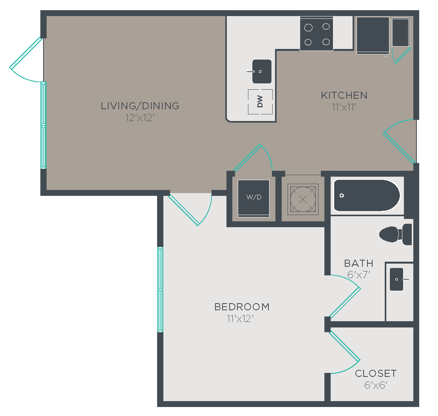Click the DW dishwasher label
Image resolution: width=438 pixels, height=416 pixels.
click(260, 101)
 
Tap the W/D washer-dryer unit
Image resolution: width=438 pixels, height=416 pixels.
click(253, 198)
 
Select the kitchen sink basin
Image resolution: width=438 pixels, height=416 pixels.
click(262, 72)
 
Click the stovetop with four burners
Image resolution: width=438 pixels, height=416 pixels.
click(317, 34)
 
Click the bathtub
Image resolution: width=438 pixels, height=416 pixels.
click(367, 195)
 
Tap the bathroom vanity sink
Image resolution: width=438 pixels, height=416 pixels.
click(396, 279)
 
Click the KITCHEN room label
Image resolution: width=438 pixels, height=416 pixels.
click(344, 95)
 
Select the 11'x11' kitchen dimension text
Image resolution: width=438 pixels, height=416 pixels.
click(344, 107)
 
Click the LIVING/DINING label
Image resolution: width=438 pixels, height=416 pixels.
click(140, 106)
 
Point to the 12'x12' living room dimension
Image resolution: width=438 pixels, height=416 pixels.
click(140, 118)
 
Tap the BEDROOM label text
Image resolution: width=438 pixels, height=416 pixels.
click(242, 307)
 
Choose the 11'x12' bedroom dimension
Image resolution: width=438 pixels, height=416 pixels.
click(240, 318)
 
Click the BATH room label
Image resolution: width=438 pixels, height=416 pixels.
click(359, 263)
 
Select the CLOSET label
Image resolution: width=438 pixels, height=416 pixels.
click(376, 373)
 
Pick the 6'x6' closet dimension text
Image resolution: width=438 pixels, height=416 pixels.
click(376, 385)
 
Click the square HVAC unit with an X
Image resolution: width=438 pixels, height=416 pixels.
click(303, 199)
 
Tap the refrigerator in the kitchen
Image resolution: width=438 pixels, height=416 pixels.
click(373, 34)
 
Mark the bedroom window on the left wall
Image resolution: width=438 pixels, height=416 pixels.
click(160, 289)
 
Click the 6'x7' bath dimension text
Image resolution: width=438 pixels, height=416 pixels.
click(359, 275)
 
